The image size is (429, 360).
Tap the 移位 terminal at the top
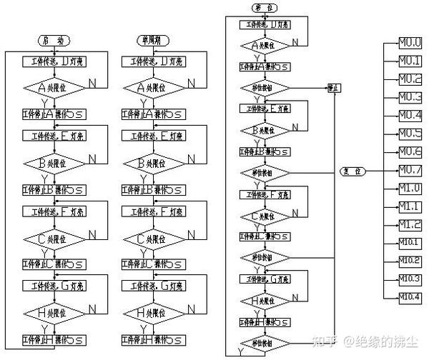(x=265, y=8)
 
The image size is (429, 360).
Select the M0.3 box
(x=410, y=96)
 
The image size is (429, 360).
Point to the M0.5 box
(x=410, y=134)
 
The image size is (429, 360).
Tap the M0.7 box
(x=410, y=170)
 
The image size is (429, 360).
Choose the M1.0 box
(x=410, y=189)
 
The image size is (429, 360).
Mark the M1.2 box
(x=410, y=225)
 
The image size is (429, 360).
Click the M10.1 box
(x=410, y=243)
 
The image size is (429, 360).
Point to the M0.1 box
(x=410, y=60)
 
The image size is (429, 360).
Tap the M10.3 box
(x=410, y=279)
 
